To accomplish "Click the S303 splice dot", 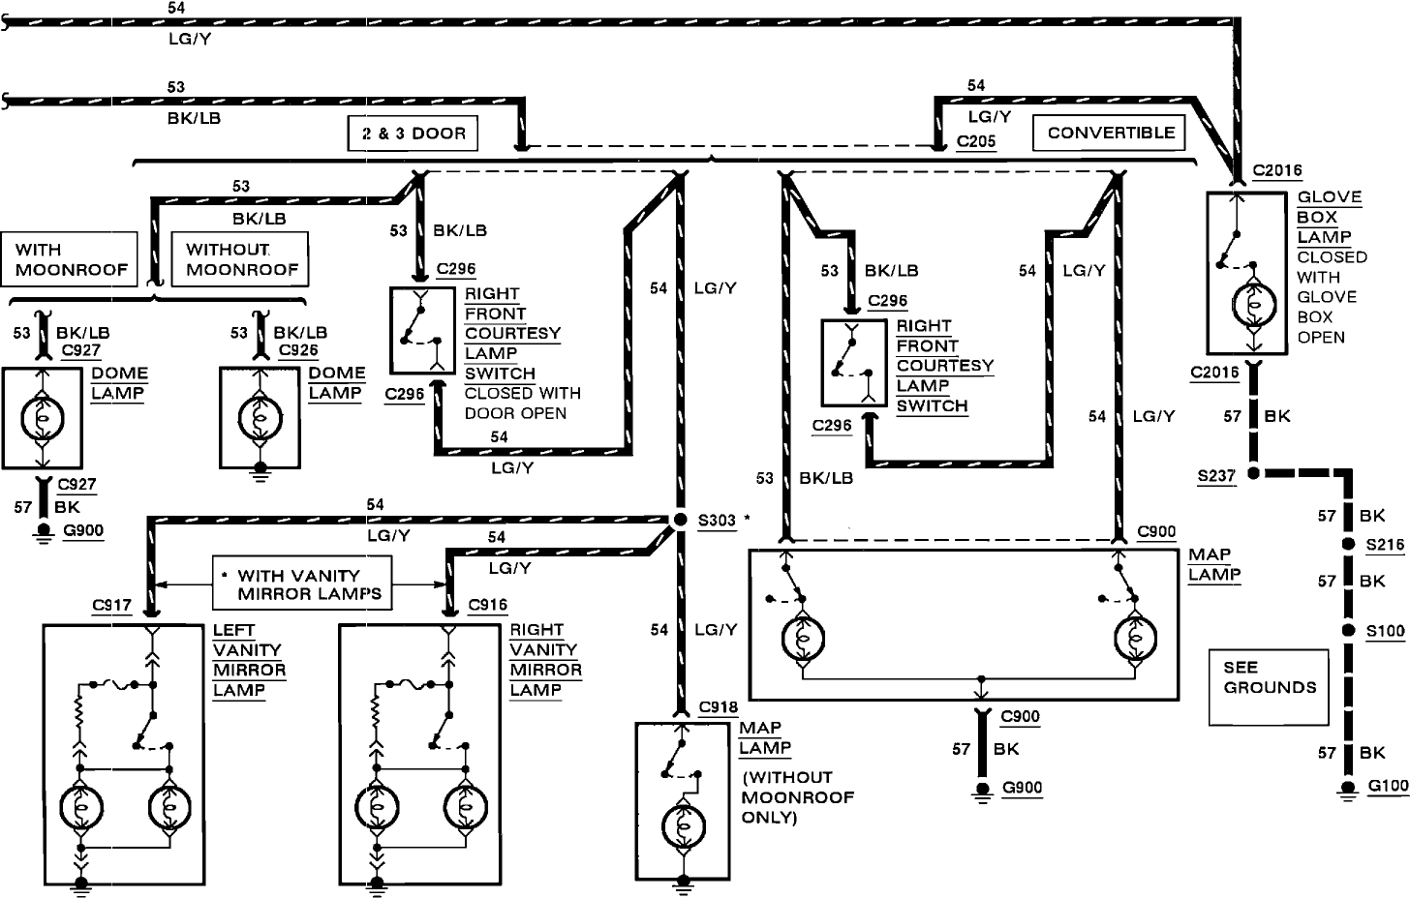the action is pos(681,520).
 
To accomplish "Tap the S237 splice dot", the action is pos(1253,472).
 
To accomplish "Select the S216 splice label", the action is pos(1385,545).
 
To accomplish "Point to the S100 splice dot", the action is pos(1348,630).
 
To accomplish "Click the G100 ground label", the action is pos(1388,786).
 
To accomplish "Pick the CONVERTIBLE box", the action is pos(1109,133).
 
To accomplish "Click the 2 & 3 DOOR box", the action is pos(413,134).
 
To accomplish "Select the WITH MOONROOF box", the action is pos(70,259).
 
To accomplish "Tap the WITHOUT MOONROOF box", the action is pos(240,259).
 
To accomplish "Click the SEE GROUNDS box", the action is pos(1269,687).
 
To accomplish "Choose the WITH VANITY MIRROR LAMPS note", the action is pos(302,583).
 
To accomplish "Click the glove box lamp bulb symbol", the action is pos(1253,305).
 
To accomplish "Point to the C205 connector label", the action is pos(976,141).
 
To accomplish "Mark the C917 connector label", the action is pos(111,605).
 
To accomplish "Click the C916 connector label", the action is pos(488,605).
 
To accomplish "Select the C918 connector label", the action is pos(719,707).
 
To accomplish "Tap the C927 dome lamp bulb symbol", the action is pos(43,418).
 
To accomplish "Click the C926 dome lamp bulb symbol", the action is pos(261,418).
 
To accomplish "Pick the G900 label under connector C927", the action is pos(83,530).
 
